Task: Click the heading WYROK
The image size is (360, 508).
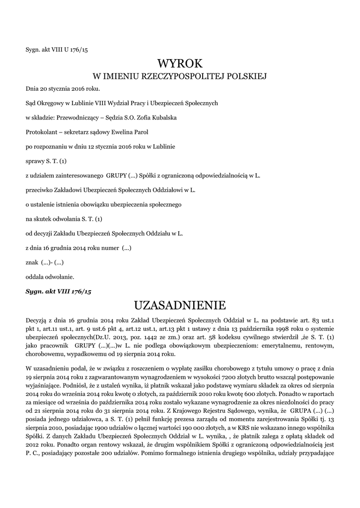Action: [180, 63]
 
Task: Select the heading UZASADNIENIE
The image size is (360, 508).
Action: [180, 304]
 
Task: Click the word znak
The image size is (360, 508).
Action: [32, 261]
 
